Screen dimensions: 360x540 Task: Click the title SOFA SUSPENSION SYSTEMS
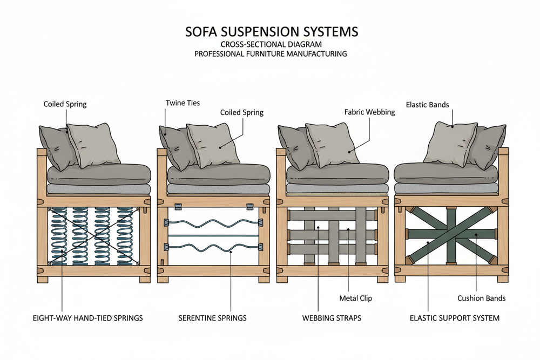click(x=271, y=32)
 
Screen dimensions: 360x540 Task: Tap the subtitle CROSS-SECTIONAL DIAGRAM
click(x=271, y=44)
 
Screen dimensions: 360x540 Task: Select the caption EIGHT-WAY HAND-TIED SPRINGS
click(x=88, y=318)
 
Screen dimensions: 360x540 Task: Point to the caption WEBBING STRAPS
click(x=332, y=318)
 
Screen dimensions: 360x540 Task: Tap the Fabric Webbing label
click(x=370, y=112)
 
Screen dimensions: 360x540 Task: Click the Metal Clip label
click(x=355, y=298)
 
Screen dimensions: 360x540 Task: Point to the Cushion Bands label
click(x=482, y=298)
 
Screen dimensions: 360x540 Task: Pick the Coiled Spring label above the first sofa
click(x=65, y=103)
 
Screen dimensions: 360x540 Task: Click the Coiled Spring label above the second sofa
click(x=241, y=112)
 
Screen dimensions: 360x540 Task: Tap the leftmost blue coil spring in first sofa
click(x=57, y=236)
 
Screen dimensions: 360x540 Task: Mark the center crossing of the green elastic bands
click(x=450, y=234)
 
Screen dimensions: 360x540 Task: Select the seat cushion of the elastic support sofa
click(x=446, y=173)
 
